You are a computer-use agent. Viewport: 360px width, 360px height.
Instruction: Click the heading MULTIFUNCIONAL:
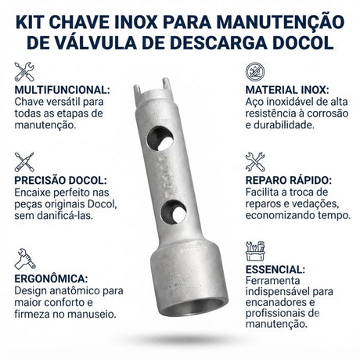(x=62, y=90)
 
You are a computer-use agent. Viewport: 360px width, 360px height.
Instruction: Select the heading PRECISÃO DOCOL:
(x=60, y=180)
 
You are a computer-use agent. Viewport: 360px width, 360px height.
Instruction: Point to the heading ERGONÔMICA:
(x=51, y=279)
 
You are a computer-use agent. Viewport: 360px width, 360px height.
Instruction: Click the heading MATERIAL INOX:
(x=287, y=90)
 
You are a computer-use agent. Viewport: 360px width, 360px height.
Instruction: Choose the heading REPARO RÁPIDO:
(x=289, y=180)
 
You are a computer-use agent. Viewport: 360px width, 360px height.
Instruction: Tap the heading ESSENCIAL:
(x=275, y=269)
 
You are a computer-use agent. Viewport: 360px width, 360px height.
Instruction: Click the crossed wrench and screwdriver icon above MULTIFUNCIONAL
(x=24, y=71)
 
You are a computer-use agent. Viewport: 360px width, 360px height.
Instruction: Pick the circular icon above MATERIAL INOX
(x=255, y=71)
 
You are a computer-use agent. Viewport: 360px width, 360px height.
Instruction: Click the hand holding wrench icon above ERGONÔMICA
(x=25, y=259)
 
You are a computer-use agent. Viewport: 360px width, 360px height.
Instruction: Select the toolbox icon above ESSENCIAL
(x=255, y=251)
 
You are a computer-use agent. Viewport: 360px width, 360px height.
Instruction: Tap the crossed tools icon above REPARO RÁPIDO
(x=255, y=162)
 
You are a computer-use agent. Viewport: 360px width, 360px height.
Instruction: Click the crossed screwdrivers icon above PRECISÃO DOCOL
(x=24, y=162)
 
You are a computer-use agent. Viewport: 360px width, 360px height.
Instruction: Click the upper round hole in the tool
(x=160, y=139)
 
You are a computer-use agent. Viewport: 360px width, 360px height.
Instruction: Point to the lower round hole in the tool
(x=173, y=212)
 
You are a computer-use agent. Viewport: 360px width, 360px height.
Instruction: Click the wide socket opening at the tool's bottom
(x=193, y=306)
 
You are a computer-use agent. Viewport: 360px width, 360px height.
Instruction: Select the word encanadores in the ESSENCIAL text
(x=277, y=302)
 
